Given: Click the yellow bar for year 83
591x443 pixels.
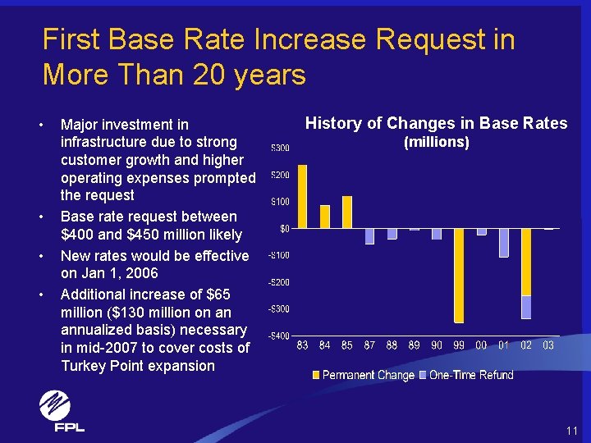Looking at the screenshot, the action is point(302,197).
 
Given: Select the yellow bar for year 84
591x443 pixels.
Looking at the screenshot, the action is point(324,217).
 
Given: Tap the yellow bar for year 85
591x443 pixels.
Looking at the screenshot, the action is point(347,212).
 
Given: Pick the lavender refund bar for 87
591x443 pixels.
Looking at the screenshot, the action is point(369,236).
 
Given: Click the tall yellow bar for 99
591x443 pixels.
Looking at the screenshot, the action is point(459,276).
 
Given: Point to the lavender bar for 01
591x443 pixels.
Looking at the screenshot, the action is point(503,243).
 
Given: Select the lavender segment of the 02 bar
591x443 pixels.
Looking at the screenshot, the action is point(526,308).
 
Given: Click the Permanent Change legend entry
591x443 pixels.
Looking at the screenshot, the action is point(364,375).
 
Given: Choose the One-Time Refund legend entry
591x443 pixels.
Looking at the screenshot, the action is point(466,375).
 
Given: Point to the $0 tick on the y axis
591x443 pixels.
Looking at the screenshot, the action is point(285,229).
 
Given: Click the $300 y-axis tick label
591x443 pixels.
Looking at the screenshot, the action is point(281,148).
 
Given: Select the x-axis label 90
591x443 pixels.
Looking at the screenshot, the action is point(437,345).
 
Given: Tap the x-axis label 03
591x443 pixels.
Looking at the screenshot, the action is point(548,345).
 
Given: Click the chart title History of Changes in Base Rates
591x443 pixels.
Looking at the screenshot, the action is point(436,124).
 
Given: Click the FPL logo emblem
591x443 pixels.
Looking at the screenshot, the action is point(55,405).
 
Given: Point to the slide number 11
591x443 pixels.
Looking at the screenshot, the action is point(572,431).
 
